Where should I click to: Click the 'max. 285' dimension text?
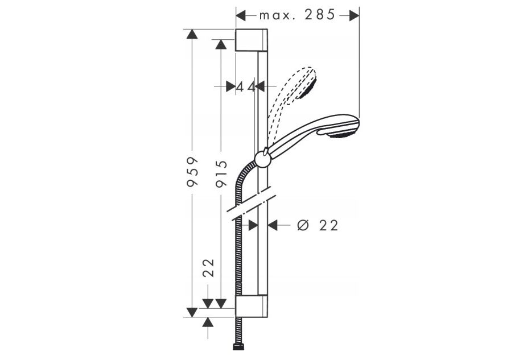point(297,15)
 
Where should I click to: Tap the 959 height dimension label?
point(192,172)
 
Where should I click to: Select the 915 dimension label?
point(221,173)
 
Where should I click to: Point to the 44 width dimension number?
point(246,87)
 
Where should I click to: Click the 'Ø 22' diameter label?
point(318,225)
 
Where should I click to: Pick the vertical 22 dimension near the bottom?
point(208,268)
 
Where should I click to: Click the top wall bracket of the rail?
point(252,40)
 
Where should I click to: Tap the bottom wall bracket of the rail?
point(252,307)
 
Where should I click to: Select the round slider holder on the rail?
point(262,159)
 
